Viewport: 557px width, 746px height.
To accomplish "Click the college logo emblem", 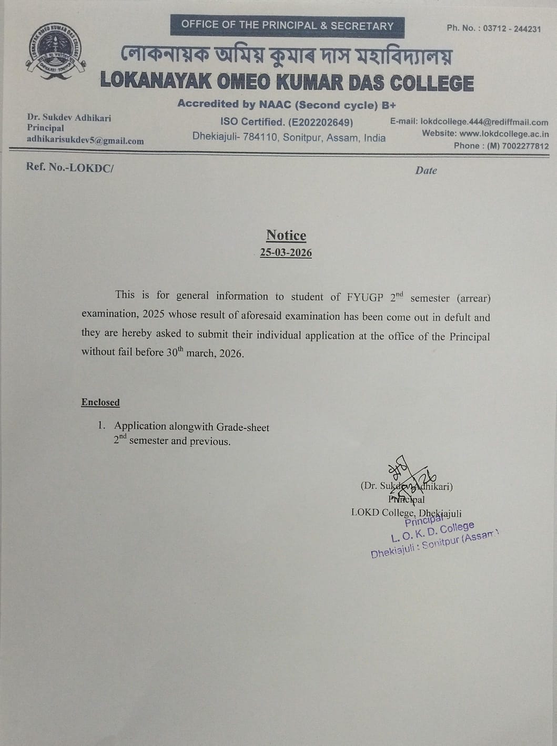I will pyautogui.click(x=50, y=55).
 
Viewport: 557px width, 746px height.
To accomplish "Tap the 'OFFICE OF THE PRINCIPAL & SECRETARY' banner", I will pyautogui.click(x=287, y=25).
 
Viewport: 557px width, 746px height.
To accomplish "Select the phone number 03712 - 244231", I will pyautogui.click(x=511, y=29).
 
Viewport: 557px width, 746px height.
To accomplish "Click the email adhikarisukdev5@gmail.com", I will pyautogui.click(x=85, y=141).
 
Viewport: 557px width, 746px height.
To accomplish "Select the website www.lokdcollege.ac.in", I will pyautogui.click(x=504, y=134).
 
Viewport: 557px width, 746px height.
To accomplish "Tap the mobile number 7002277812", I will pyautogui.click(x=525, y=146).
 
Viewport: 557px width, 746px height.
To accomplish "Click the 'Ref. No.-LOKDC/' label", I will pyautogui.click(x=69, y=168).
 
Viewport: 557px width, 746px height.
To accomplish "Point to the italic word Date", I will pyautogui.click(x=426, y=170).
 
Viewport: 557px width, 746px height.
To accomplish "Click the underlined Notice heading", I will pyautogui.click(x=286, y=235).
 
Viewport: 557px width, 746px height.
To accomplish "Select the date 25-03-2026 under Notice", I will pyautogui.click(x=286, y=253).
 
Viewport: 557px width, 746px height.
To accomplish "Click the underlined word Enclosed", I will pyautogui.click(x=100, y=402).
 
